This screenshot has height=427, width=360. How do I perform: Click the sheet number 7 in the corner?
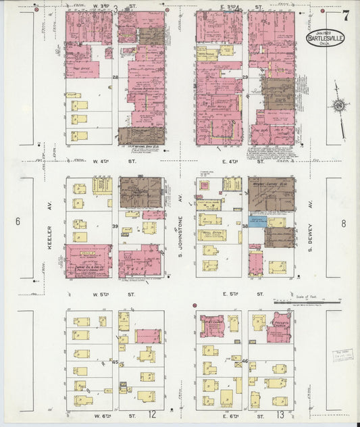[x=346, y=16]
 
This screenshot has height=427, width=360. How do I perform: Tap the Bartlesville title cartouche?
[x=326, y=37]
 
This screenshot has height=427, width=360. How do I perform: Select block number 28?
[x=115, y=78]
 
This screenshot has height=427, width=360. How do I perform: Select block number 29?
[x=245, y=78]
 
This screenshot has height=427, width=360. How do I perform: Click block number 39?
[x=115, y=226]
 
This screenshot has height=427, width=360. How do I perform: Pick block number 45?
[x=115, y=362]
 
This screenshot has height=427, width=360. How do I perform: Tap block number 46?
[x=245, y=362]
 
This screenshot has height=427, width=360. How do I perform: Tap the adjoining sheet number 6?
[x=18, y=221]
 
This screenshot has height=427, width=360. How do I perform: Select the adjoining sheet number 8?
[x=343, y=222]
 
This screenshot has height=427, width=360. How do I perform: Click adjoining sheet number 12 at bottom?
[x=153, y=413]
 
